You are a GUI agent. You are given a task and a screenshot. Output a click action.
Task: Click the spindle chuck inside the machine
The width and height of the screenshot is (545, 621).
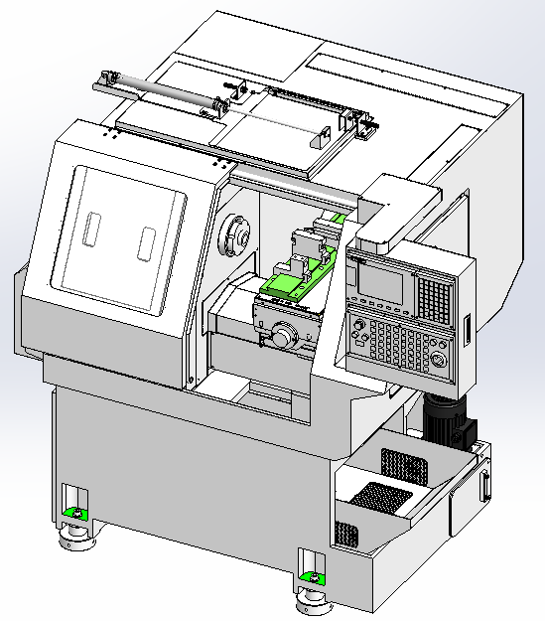pos(237,235)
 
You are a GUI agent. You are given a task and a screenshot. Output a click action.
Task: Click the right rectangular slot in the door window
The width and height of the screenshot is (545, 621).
pos(147,239)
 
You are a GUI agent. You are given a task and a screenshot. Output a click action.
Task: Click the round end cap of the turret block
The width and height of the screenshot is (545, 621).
pos(285,337)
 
